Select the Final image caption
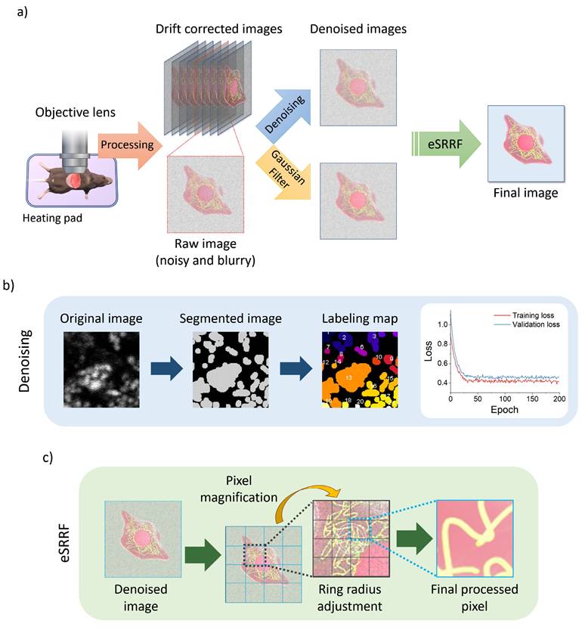[526, 193]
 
